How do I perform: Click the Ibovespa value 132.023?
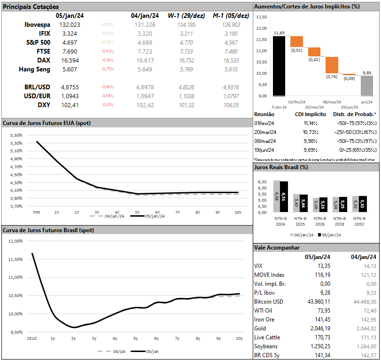click(x=70, y=24)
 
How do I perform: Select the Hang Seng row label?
click(x=34, y=69)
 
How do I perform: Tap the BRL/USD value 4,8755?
click(x=70, y=87)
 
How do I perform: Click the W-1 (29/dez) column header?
click(x=186, y=16)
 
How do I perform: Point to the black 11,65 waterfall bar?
click(x=279, y=66)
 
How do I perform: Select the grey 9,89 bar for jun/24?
click(x=366, y=86)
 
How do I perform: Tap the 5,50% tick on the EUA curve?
click(x=16, y=135)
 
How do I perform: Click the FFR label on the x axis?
click(x=36, y=212)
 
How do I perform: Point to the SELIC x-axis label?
click(x=32, y=338)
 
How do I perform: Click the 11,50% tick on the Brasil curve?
click(x=16, y=259)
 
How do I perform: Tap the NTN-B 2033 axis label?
click(x=359, y=221)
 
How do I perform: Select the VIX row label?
click(x=259, y=266)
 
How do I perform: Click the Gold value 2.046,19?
click(x=319, y=328)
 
